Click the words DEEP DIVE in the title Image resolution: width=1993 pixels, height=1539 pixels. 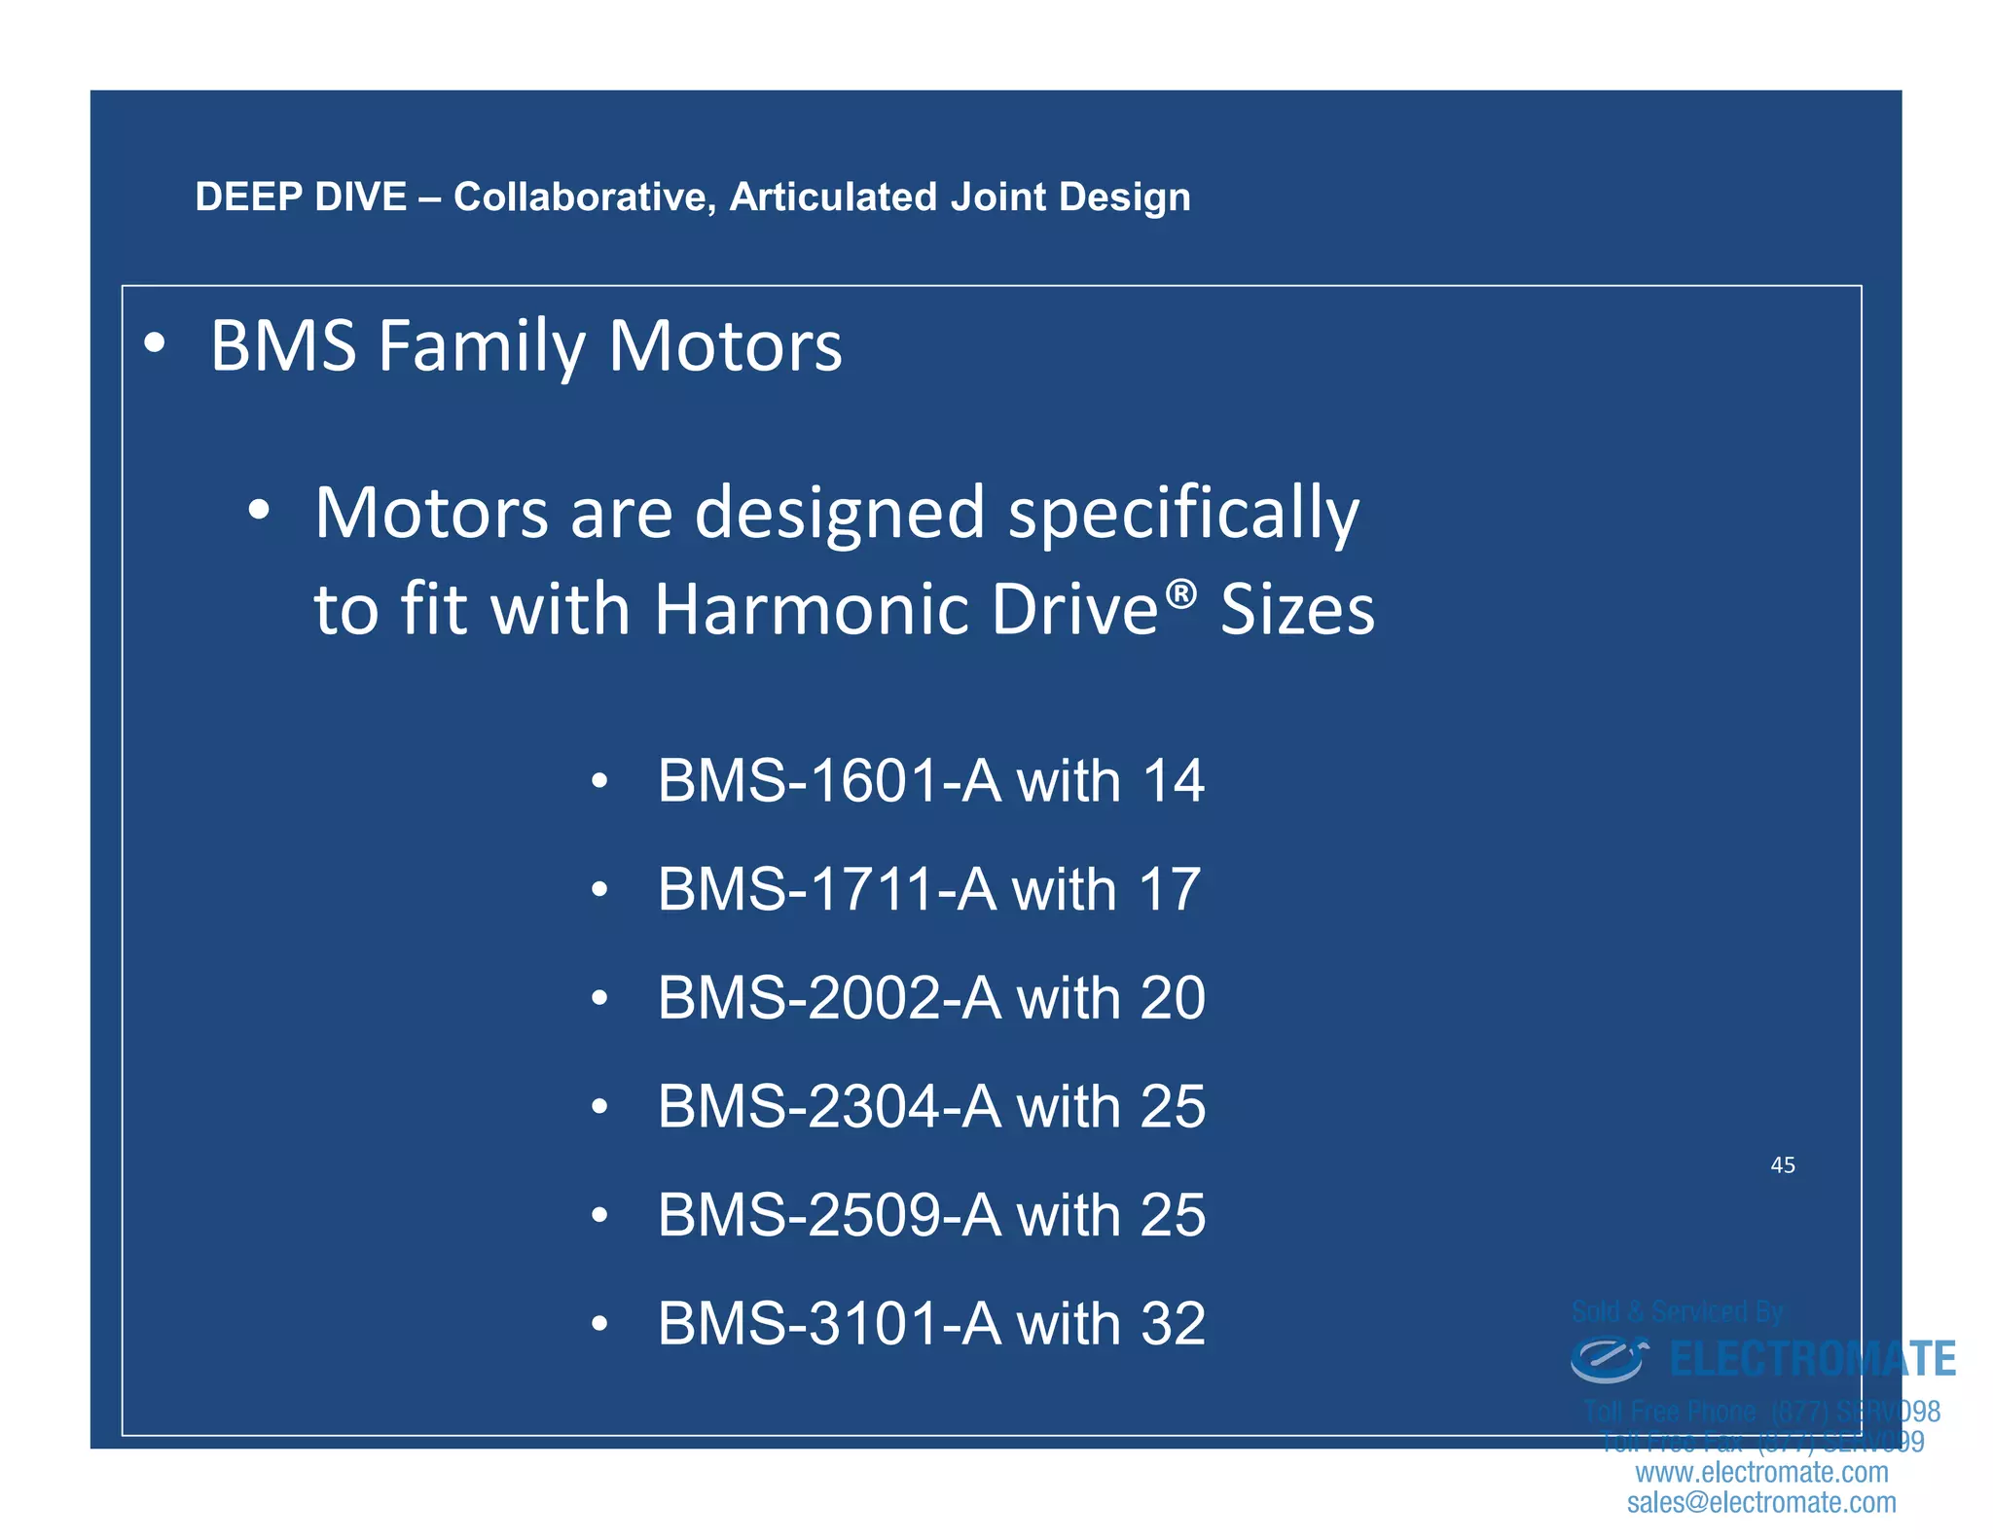[x=300, y=197]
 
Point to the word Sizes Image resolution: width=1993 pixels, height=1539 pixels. [x=1297, y=610]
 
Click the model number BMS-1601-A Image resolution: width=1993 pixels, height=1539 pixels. [x=828, y=781]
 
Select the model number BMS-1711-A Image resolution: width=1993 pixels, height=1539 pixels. [x=826, y=889]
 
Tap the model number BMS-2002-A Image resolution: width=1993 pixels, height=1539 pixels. [x=828, y=998]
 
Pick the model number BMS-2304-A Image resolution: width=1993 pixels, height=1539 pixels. [x=828, y=1107]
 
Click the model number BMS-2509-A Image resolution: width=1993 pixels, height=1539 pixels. [x=828, y=1215]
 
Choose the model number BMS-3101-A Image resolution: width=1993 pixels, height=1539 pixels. [x=828, y=1324]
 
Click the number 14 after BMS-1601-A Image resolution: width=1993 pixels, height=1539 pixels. [x=1173, y=781]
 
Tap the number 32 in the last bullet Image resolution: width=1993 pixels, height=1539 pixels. [x=1173, y=1324]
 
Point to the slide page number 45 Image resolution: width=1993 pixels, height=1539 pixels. [x=1782, y=1165]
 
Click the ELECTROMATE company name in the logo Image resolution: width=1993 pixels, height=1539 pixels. [x=1812, y=1359]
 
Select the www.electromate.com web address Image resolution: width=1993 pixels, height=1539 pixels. [x=1761, y=1472]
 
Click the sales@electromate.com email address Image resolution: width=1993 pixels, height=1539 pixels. [x=1761, y=1502]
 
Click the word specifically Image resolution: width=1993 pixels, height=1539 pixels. [x=1182, y=514]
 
